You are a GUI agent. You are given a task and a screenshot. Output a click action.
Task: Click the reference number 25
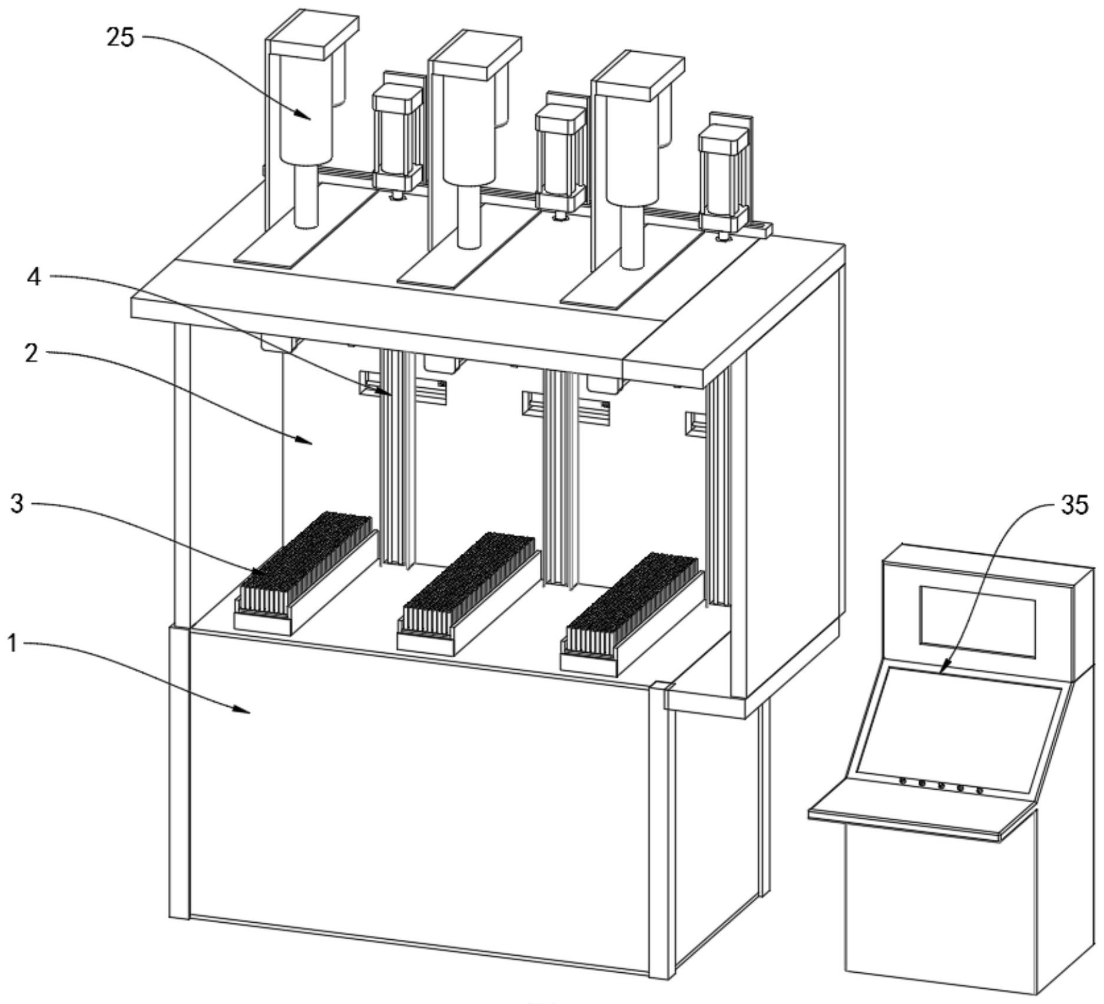(x=120, y=38)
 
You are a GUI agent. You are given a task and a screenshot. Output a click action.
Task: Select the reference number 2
(x=31, y=353)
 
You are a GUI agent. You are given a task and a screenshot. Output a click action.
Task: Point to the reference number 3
(x=18, y=504)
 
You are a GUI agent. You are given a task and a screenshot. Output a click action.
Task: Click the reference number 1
(x=13, y=643)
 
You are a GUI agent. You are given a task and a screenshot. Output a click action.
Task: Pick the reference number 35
(x=1075, y=505)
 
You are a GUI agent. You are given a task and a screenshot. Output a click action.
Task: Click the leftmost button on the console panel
(x=903, y=781)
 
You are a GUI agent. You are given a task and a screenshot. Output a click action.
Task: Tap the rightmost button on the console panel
(x=979, y=790)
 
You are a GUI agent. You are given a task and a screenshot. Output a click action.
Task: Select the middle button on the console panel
(x=941, y=786)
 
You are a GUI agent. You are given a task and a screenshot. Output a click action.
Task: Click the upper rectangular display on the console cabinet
(x=977, y=621)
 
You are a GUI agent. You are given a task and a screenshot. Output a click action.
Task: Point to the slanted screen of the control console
(x=957, y=727)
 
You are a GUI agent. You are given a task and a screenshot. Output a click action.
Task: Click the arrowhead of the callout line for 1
(x=248, y=711)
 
